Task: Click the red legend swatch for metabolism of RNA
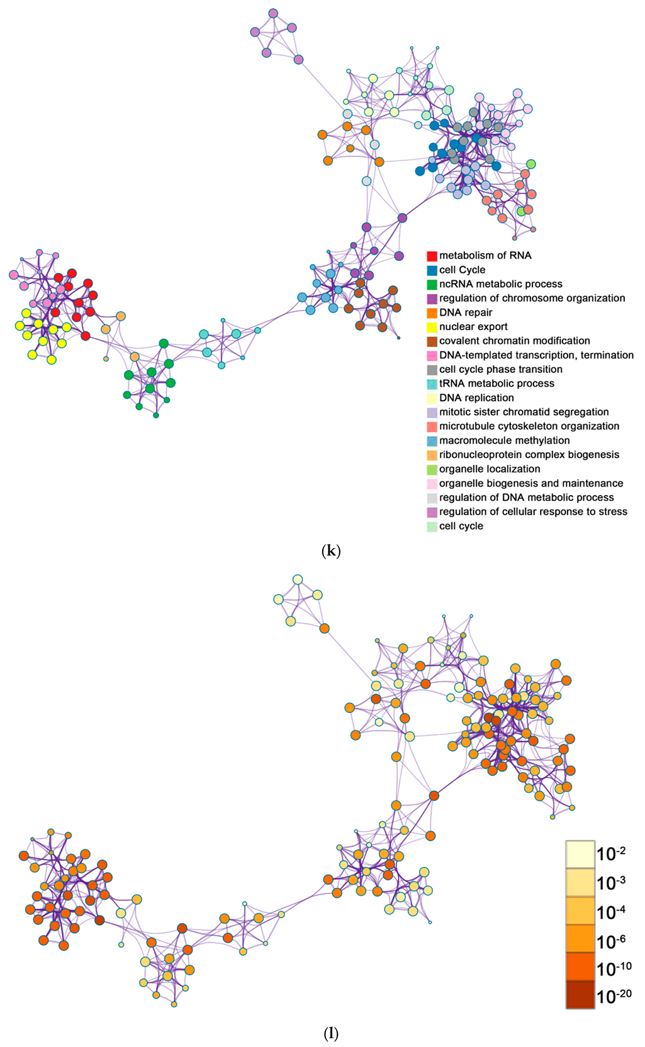click(432, 256)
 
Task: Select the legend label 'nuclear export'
click(473, 327)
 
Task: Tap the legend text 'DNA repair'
click(466, 313)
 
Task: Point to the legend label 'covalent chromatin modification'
click(514, 341)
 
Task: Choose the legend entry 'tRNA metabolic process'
click(496, 384)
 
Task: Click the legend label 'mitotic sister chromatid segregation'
click(524, 412)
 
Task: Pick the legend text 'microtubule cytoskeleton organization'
click(529, 426)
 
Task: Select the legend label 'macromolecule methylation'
click(504, 441)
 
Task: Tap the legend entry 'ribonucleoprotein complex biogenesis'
click(529, 455)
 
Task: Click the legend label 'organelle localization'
click(490, 469)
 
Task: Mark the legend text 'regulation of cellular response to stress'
click(533, 512)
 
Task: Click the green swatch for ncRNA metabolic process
click(432, 284)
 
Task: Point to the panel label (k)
click(331, 551)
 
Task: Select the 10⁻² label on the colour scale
click(611, 854)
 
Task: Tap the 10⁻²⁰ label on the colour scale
click(614, 995)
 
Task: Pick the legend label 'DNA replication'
click(476, 398)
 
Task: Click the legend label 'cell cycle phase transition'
click(500, 370)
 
